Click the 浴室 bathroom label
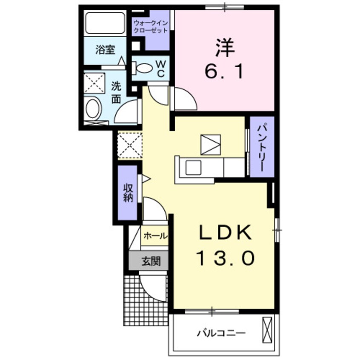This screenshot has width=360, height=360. (x=104, y=50)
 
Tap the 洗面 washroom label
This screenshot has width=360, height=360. (x=116, y=92)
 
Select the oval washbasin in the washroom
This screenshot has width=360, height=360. (x=93, y=109)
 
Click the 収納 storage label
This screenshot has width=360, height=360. (x=128, y=192)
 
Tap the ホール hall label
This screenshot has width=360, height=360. (x=154, y=236)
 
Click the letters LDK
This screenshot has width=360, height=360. (x=224, y=233)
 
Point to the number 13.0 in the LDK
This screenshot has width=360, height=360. (x=225, y=257)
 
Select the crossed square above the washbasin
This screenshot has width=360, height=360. (x=94, y=82)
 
